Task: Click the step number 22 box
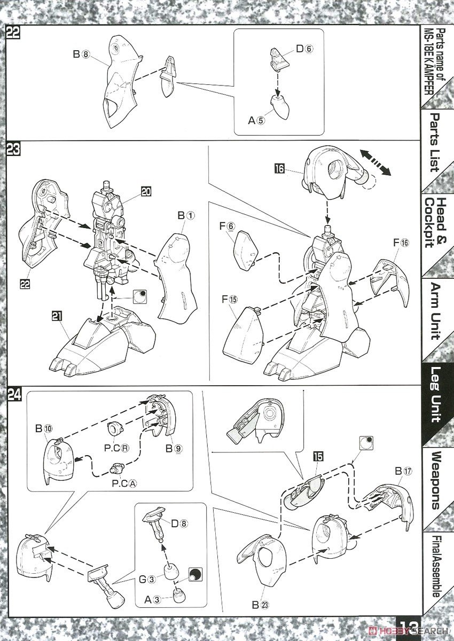(x=13, y=32)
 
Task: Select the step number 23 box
(x=13, y=150)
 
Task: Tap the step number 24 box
(x=14, y=395)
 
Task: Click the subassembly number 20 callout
(x=145, y=191)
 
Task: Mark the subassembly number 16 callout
(x=279, y=170)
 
